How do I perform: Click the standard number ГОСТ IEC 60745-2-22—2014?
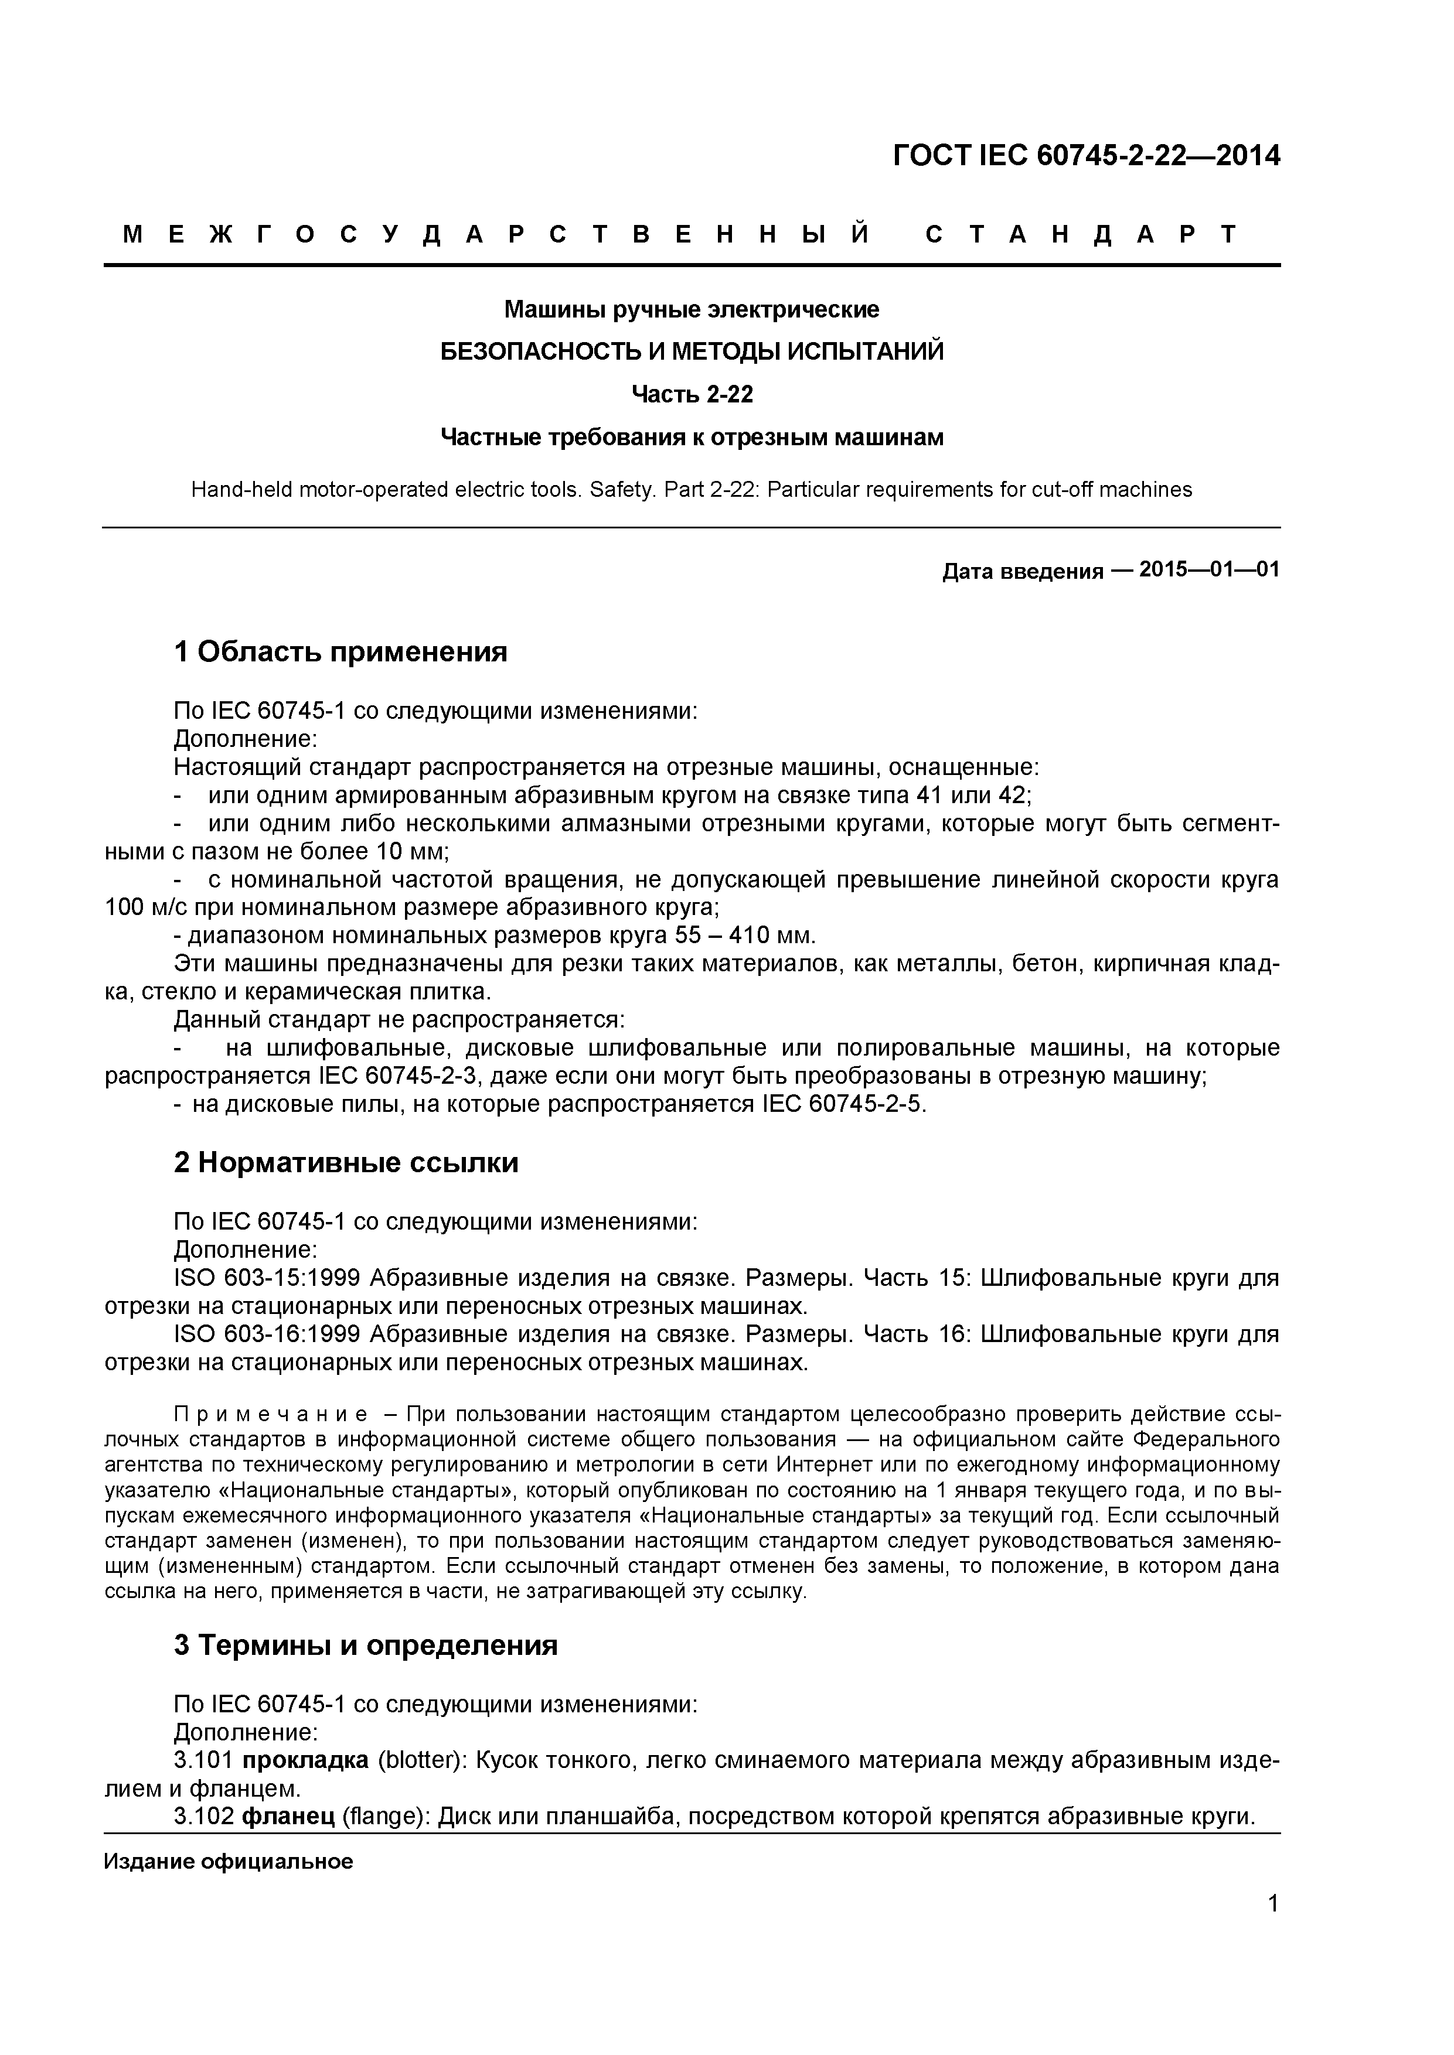click(x=1086, y=156)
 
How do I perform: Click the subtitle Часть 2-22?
click(x=692, y=394)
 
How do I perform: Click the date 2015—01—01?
click(x=1210, y=569)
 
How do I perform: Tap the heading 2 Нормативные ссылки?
click(x=346, y=1163)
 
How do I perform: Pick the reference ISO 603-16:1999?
click(x=267, y=1334)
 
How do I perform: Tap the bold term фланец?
click(x=287, y=1816)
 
